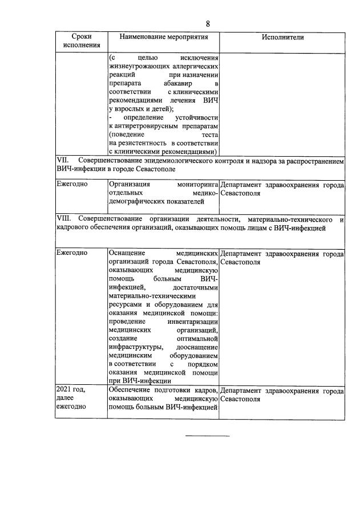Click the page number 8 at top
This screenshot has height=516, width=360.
pos(208,23)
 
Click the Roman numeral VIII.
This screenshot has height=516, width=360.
pos(63,219)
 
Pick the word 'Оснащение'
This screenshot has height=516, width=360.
pos(128,253)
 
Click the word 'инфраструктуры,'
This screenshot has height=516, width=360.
pos(135,347)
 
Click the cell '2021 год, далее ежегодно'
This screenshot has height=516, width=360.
pos(71,398)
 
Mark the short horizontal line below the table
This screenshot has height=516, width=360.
pos(208,436)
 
